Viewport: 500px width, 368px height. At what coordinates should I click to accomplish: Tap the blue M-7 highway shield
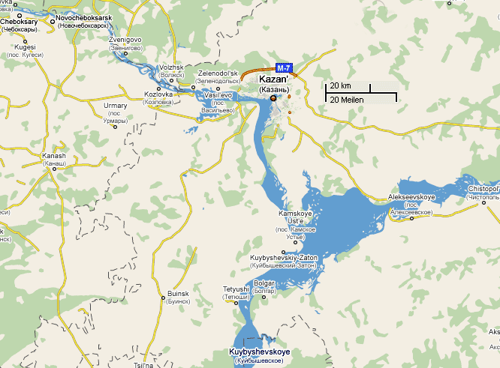tap(284, 66)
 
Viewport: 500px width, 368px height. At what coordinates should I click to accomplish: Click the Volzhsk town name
tap(173, 67)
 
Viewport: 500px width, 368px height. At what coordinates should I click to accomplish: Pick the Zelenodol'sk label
tap(218, 73)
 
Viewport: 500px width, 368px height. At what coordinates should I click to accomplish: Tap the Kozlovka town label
tap(158, 94)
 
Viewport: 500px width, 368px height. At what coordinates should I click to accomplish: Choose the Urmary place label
tap(116, 106)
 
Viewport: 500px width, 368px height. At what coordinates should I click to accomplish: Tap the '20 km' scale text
tap(340, 86)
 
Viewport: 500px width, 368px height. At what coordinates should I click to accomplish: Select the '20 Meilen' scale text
tap(347, 98)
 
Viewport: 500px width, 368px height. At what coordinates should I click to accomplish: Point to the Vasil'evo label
tap(220, 97)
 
